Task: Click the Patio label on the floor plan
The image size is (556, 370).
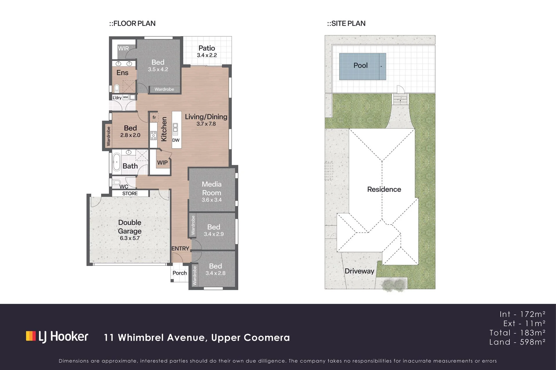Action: tap(207, 48)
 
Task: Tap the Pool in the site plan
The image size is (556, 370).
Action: tap(362, 66)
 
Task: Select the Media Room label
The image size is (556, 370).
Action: tap(212, 188)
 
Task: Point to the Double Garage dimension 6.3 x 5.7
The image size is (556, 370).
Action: tap(130, 238)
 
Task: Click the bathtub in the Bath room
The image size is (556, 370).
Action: tap(116, 162)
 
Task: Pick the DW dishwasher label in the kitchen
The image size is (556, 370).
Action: tap(176, 140)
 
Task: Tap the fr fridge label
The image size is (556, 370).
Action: tap(154, 117)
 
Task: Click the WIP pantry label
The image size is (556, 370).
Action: tap(162, 163)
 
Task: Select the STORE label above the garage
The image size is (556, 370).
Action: tap(130, 193)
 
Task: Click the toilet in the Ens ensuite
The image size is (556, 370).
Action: tap(117, 88)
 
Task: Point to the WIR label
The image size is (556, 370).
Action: tap(123, 49)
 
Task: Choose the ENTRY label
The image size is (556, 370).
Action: tap(180, 249)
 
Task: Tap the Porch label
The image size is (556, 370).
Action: tap(180, 273)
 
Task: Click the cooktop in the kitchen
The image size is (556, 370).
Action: tap(153, 135)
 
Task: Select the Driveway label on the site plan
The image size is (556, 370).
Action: tap(359, 271)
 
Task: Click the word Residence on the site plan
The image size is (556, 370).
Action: tap(384, 189)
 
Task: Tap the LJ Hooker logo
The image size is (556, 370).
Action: tap(57, 336)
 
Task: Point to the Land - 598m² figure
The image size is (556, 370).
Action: tap(517, 342)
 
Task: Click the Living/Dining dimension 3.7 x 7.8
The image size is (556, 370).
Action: tap(206, 124)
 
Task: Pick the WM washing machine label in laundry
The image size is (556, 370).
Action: tap(125, 97)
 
